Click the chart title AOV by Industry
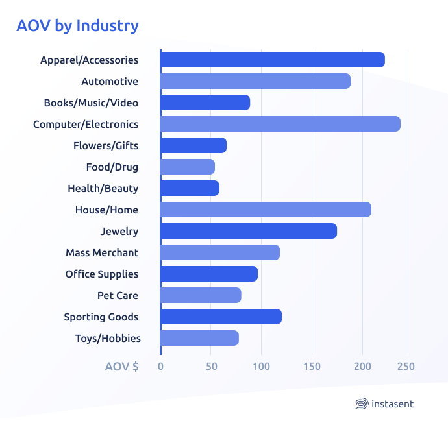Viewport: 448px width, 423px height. click(77, 26)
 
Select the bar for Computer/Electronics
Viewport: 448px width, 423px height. click(280, 124)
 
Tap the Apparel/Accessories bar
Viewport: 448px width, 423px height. click(272, 60)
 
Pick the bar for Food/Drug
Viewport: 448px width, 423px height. click(187, 167)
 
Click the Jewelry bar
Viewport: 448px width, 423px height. click(248, 231)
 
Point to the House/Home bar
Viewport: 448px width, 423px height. click(265, 210)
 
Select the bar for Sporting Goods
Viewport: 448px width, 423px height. click(221, 317)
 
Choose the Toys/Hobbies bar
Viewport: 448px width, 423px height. click(199, 338)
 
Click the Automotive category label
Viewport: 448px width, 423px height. click(110, 82)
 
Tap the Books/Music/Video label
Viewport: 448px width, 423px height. click(91, 103)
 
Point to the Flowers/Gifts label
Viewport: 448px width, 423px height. click(106, 146)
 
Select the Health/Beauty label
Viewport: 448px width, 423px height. click(103, 189)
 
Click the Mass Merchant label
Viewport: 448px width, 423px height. click(102, 253)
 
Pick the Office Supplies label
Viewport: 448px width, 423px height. click(101, 274)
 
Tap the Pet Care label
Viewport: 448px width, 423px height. click(118, 296)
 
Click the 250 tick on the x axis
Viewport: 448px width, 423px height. click(406, 367)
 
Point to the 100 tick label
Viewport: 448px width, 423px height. click(261, 367)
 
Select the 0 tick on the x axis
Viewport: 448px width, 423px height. click(160, 367)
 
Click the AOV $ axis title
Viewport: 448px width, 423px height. click(121, 367)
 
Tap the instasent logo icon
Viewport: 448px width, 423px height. click(362, 404)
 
